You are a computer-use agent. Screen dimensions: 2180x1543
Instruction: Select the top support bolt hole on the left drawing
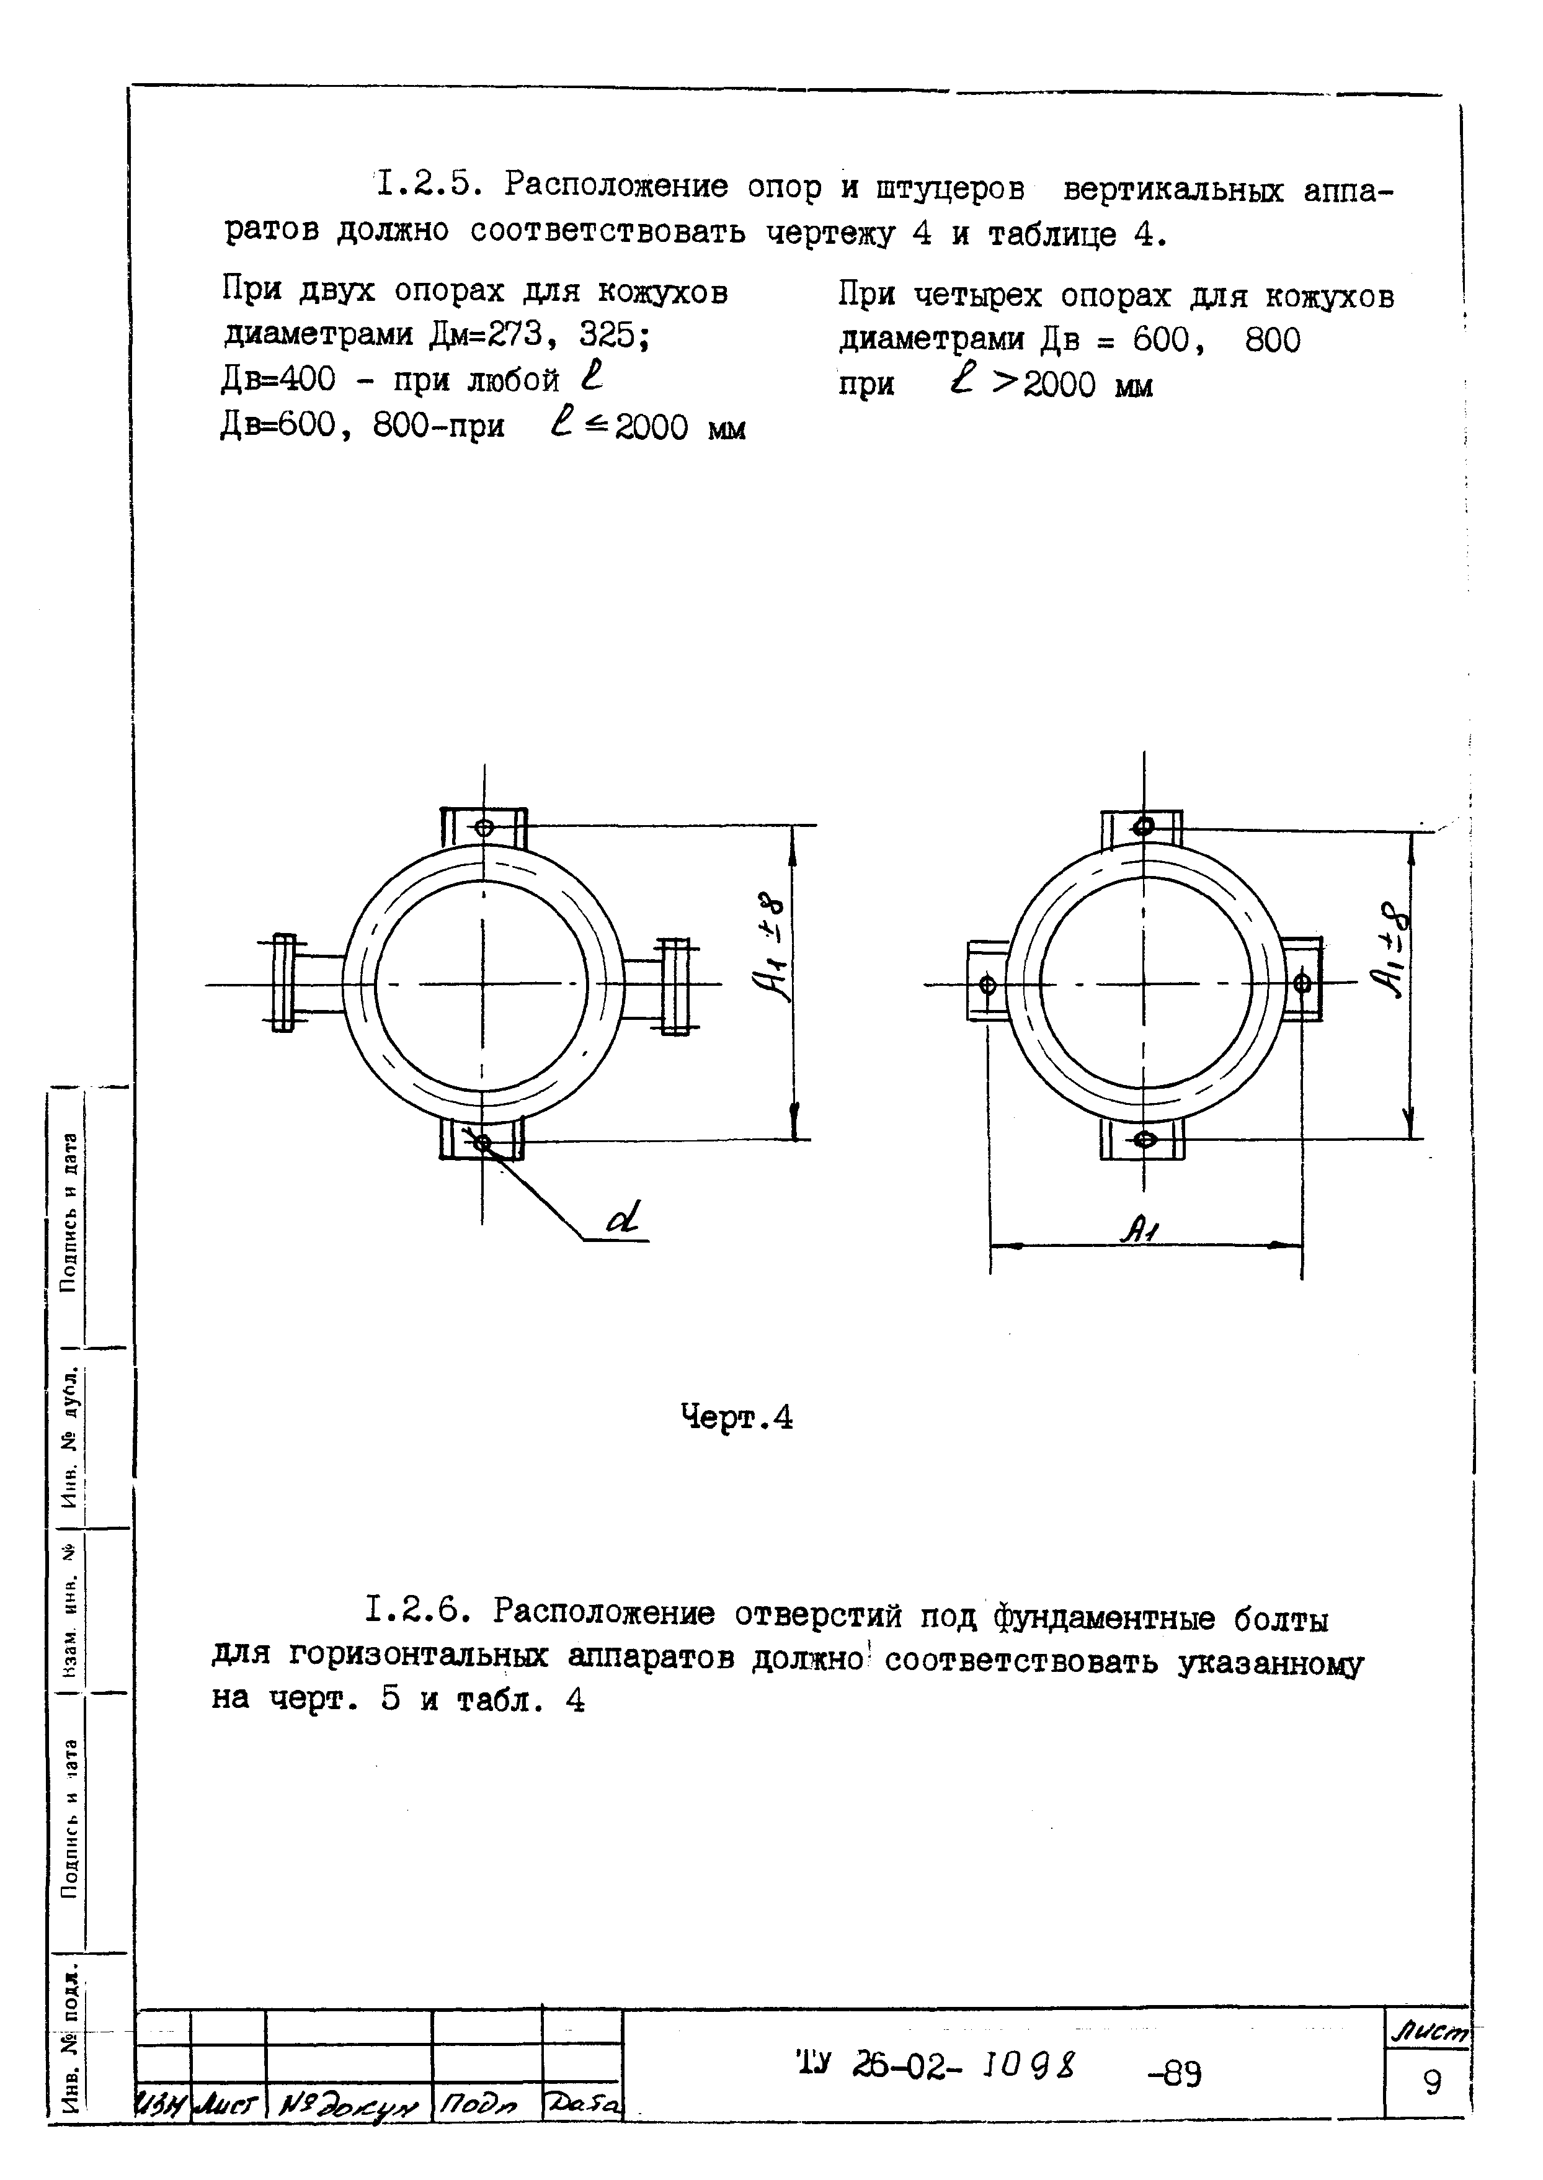484,828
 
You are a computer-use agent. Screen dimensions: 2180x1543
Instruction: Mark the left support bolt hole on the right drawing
987,985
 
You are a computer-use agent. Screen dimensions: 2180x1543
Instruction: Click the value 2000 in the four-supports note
1059,385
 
